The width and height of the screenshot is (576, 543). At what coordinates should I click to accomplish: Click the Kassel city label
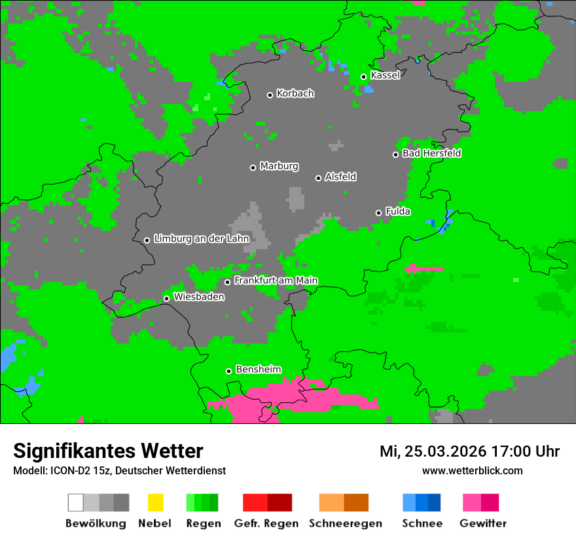[385, 75]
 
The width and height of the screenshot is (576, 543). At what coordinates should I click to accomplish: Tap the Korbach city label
[295, 94]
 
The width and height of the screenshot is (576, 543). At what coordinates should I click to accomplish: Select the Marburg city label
[279, 166]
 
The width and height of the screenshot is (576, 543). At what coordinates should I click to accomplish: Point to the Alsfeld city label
[340, 177]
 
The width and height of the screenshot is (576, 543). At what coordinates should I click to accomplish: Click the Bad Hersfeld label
[431, 153]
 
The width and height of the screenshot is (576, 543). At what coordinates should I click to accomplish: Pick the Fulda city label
[398, 211]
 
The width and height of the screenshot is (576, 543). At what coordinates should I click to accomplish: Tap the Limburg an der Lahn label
[201, 239]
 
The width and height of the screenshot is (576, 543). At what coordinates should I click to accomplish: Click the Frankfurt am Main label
[276, 281]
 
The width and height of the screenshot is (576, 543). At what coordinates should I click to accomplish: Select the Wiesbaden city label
[199, 297]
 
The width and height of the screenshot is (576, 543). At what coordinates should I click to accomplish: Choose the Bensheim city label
[258, 370]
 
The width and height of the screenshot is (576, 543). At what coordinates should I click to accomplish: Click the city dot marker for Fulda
[378, 213]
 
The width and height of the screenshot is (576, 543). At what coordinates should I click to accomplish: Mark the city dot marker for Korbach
[270, 95]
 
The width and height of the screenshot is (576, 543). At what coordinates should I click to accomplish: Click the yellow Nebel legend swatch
[155, 502]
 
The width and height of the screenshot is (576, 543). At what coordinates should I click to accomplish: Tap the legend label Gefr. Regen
[266, 523]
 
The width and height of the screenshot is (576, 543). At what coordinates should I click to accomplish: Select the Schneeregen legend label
[345, 523]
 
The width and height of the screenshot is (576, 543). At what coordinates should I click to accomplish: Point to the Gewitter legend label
[483, 523]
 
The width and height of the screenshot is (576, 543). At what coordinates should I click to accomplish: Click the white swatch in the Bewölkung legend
[76, 502]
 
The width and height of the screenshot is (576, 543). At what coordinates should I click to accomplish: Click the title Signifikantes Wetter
[108, 451]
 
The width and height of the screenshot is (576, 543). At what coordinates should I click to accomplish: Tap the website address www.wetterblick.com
[472, 470]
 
